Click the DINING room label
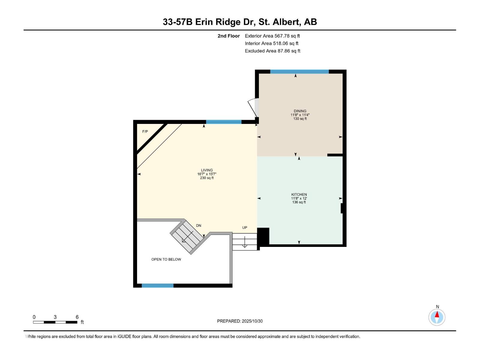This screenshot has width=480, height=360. pyautogui.click(x=300, y=111)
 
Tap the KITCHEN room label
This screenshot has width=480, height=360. pyautogui.click(x=299, y=194)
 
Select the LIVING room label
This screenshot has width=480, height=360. pyautogui.click(x=207, y=170)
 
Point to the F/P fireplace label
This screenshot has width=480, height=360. pyautogui.click(x=145, y=132)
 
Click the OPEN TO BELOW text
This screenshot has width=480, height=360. pyautogui.click(x=166, y=259)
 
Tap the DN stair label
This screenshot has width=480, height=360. pyautogui.click(x=199, y=226)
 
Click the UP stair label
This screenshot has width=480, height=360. pyautogui.click(x=244, y=228)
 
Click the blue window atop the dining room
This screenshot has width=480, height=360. pyautogui.click(x=299, y=72)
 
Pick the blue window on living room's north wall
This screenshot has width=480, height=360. pyautogui.click(x=223, y=122)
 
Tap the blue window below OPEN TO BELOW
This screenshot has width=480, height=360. pyautogui.click(x=157, y=286)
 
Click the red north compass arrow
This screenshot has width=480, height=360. pyautogui.click(x=437, y=315)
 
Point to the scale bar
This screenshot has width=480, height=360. pyautogui.click(x=55, y=322)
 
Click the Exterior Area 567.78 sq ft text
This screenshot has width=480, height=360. pyautogui.click(x=272, y=36)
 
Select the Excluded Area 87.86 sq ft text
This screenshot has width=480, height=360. pyautogui.click(x=272, y=51)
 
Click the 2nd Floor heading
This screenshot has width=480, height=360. pyautogui.click(x=229, y=36)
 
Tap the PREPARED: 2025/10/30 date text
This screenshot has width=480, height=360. pyautogui.click(x=240, y=321)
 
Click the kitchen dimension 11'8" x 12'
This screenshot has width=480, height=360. pyautogui.click(x=299, y=198)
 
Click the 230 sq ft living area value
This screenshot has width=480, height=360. pyautogui.click(x=207, y=178)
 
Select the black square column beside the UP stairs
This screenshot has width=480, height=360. pyautogui.click(x=263, y=236)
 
